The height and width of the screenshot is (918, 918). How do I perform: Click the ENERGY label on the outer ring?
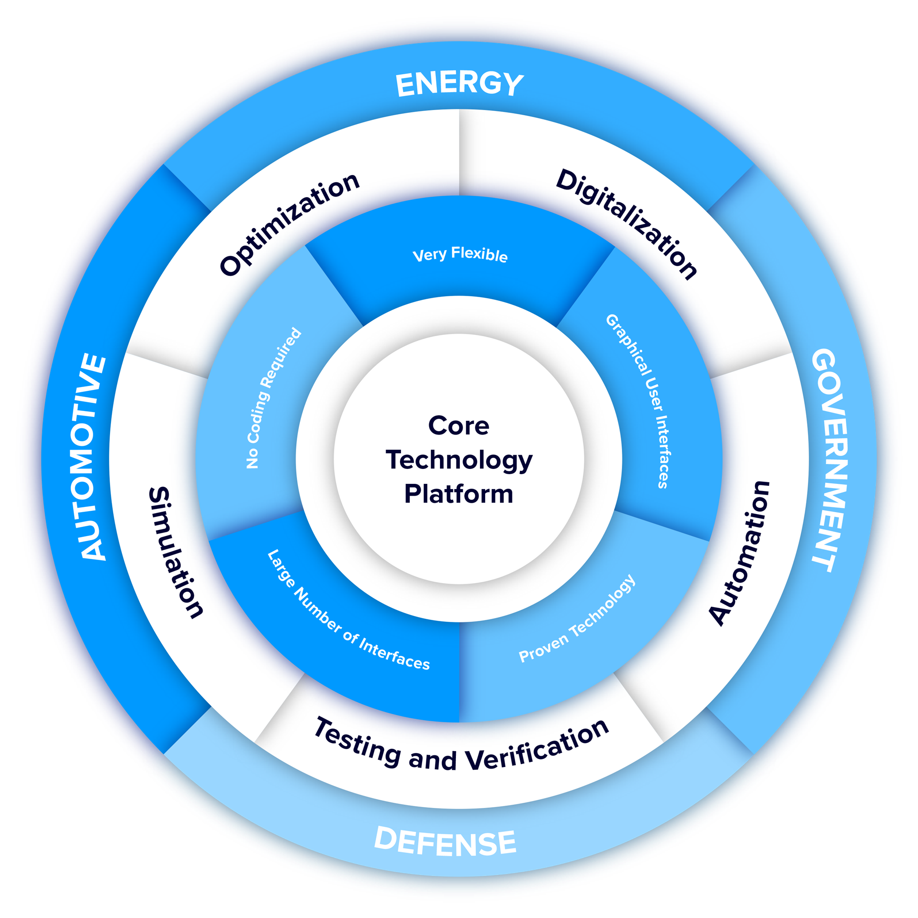coord(460,84)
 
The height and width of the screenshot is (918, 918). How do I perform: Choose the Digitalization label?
coord(627,223)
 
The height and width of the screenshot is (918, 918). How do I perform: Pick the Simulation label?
coord(176,553)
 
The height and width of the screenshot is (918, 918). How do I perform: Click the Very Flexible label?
coord(460,254)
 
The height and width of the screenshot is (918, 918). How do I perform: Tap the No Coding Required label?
coord(274,398)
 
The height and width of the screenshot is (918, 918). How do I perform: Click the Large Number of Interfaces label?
coord(349,610)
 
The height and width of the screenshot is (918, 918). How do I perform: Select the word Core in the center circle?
coord(458,425)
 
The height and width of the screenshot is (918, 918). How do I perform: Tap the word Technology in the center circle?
coord(459,461)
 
